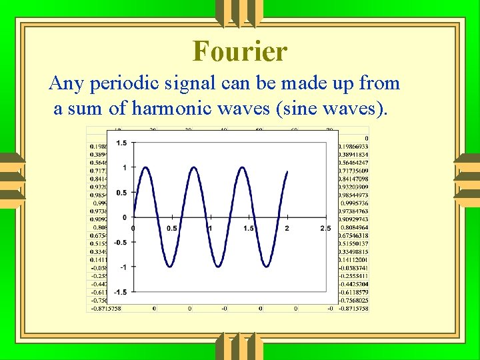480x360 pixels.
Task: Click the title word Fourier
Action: coord(240,51)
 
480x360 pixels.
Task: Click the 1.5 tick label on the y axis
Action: coord(121,143)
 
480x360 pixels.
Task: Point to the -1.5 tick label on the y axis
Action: coord(120,292)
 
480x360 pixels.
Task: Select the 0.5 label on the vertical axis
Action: coord(121,193)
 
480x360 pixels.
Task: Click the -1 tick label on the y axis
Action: coord(123,267)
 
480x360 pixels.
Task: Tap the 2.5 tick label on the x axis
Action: coord(325,229)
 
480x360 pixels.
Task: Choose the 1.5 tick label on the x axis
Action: coord(249,229)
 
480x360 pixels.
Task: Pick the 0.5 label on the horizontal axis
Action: coord(171,229)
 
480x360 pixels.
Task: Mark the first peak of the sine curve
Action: coord(143,167)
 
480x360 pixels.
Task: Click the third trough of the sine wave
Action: coord(267,267)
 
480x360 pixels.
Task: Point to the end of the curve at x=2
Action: coord(287,172)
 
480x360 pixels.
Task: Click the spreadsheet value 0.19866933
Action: coord(353,147)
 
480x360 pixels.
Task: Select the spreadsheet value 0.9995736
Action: coord(355,203)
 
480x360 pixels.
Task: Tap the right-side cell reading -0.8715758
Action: coord(353,308)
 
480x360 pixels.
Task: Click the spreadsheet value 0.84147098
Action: coord(353,179)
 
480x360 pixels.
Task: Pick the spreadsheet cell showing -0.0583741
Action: coord(354,267)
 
